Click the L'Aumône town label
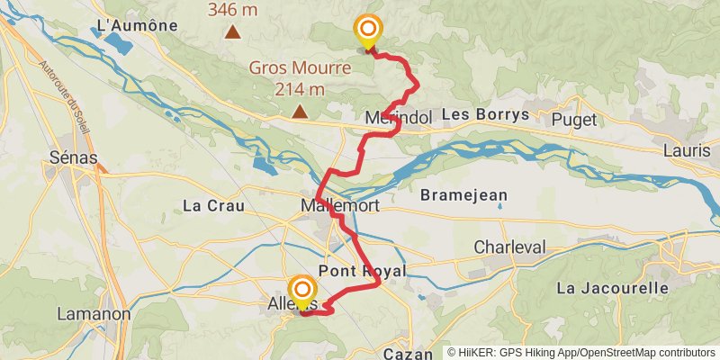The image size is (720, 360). [x=137, y=26]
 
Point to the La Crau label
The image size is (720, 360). [x=213, y=205]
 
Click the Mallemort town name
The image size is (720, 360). [x=339, y=206]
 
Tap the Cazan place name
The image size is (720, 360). [x=409, y=354]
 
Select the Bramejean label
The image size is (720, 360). [x=464, y=195]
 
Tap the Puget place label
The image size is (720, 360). [x=574, y=117]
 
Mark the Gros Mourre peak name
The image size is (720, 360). [x=287, y=67]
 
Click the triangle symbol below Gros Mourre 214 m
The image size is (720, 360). [x=299, y=112]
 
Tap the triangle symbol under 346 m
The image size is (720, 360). [x=233, y=32]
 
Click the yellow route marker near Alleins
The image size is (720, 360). [x=301, y=292]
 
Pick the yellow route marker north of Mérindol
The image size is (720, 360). [x=367, y=29]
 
